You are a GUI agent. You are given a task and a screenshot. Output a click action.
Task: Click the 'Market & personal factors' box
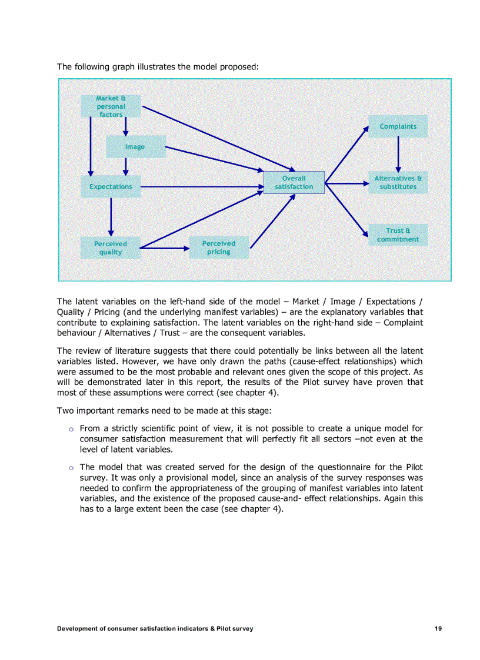[x=111, y=106]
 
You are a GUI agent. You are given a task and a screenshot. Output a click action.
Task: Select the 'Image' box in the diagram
[x=135, y=147]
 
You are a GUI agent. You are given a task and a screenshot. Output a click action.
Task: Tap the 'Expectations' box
[x=111, y=186]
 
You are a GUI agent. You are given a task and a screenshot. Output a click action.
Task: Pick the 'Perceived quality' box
[x=111, y=248]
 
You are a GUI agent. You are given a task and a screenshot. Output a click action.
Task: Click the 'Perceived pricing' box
[x=219, y=247]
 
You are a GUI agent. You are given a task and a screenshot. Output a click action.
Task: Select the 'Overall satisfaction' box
[x=294, y=183]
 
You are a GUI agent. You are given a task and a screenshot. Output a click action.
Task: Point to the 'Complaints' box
[x=398, y=126]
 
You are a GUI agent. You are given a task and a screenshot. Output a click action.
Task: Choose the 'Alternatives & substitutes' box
[x=398, y=183]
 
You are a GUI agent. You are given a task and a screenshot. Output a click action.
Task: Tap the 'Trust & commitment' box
[x=398, y=235]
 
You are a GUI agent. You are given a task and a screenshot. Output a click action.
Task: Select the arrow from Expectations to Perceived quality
[x=111, y=216]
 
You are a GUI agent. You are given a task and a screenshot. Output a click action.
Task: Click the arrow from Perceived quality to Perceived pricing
[x=165, y=249]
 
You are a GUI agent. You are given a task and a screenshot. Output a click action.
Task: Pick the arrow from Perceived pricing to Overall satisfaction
[x=272, y=221]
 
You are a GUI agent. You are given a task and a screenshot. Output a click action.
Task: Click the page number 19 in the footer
[x=438, y=628]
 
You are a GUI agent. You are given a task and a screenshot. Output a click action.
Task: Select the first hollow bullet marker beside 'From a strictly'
[x=71, y=429]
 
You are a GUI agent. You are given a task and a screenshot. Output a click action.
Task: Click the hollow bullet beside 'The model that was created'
[x=71, y=468]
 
